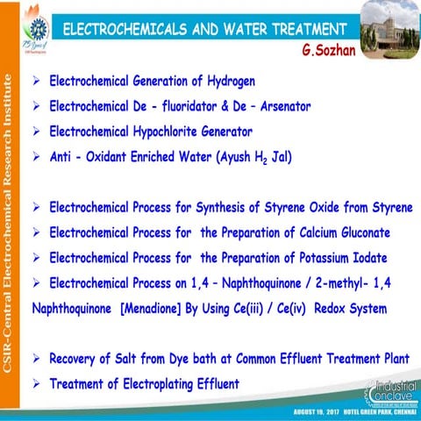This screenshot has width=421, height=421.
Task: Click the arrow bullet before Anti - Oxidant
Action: [36, 158]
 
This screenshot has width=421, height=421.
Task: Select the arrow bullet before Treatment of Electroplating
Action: [36, 384]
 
